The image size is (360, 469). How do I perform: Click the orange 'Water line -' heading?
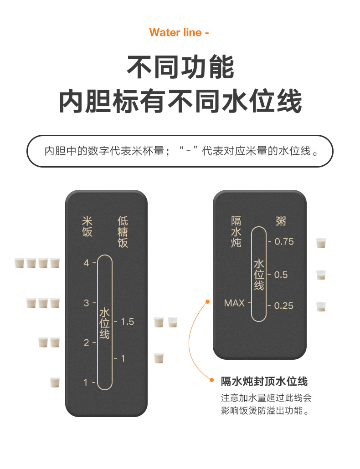tap(179, 33)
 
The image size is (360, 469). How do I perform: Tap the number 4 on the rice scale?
tap(86, 263)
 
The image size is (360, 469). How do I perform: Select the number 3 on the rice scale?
tap(86, 303)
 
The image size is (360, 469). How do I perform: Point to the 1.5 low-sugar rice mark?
tap(127, 322)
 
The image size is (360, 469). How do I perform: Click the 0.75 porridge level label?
tap(284, 241)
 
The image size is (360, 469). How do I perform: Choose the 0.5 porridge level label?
tap(281, 275)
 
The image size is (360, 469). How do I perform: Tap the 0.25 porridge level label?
tap(284, 306)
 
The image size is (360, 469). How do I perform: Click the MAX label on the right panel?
tap(234, 303)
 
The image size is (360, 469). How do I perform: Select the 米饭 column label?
tap(87, 227)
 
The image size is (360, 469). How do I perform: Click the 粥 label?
tap(281, 222)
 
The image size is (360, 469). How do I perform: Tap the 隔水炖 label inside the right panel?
tap(236, 232)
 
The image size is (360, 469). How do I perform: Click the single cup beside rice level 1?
tap(55, 382)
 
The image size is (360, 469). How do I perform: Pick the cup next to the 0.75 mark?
tap(321, 243)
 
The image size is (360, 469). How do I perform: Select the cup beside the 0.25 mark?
tap(321, 306)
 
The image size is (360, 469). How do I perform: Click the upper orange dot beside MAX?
tap(207, 301)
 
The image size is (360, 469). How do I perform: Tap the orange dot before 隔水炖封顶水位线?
tap(211, 379)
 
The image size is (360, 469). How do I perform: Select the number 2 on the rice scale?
tap(86, 342)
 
